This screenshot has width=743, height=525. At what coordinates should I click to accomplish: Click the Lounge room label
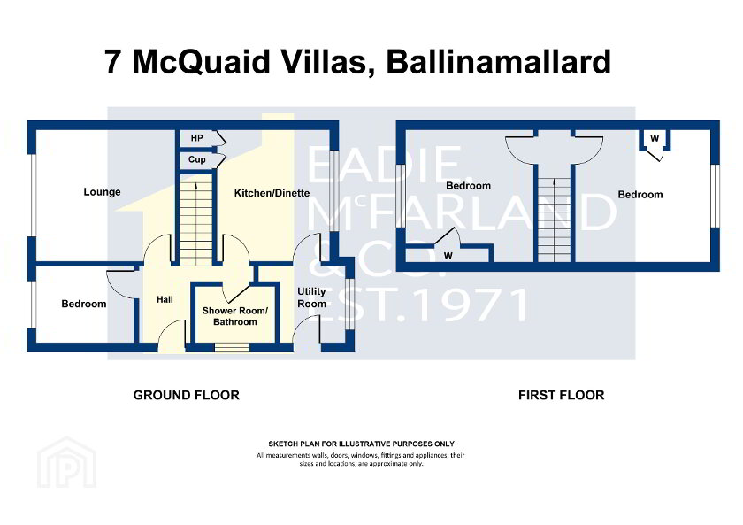[102, 192]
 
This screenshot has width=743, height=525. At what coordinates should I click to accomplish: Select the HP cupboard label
[196, 138]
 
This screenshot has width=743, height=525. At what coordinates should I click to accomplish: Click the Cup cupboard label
[196, 160]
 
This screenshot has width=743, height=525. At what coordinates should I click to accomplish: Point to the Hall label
[165, 300]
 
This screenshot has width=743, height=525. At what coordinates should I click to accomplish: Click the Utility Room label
[311, 297]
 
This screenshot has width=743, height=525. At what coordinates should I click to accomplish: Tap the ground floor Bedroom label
[83, 304]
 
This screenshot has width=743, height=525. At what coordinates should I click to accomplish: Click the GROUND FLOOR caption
[186, 395]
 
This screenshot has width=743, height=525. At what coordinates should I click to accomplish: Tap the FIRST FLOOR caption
[561, 395]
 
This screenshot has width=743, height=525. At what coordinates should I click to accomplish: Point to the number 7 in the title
[113, 63]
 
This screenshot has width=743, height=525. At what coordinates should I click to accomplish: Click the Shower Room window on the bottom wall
[232, 348]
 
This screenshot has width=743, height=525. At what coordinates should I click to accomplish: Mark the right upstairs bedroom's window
[715, 193]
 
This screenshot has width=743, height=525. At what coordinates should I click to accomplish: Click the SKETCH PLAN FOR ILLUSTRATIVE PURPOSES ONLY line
[361, 444]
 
